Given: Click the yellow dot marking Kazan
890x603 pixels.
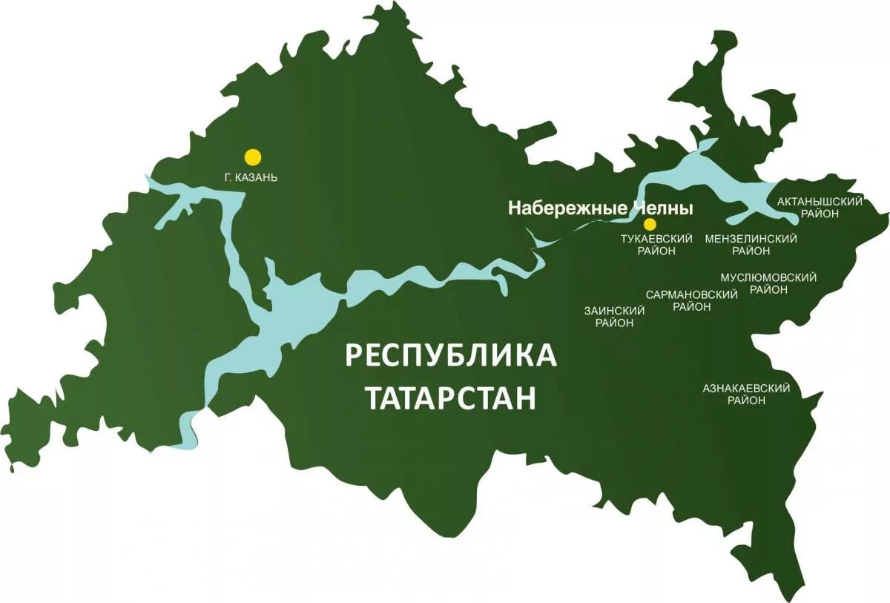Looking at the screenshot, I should (253, 156).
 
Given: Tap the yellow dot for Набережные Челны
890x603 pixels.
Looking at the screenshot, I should (650, 224).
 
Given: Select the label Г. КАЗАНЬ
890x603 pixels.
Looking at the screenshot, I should (251, 178).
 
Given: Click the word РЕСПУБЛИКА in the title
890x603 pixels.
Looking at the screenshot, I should (451, 355).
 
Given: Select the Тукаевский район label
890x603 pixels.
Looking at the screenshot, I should (656, 245).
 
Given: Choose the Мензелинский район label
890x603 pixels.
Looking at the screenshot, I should (751, 245).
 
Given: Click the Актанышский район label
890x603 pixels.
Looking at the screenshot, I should (820, 208).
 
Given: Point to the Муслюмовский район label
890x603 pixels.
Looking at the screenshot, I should (768, 283).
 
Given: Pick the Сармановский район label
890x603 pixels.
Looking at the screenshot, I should (692, 300).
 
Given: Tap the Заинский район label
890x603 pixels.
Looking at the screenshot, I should (614, 317).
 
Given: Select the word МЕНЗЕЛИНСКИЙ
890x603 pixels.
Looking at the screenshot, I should (751, 239).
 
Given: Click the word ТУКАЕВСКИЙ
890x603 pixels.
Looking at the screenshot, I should (656, 239).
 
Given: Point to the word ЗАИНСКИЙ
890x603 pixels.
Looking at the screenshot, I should (614, 311).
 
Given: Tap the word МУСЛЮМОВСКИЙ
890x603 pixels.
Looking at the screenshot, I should (768, 277).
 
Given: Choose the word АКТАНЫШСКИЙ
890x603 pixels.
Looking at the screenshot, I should (820, 202).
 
